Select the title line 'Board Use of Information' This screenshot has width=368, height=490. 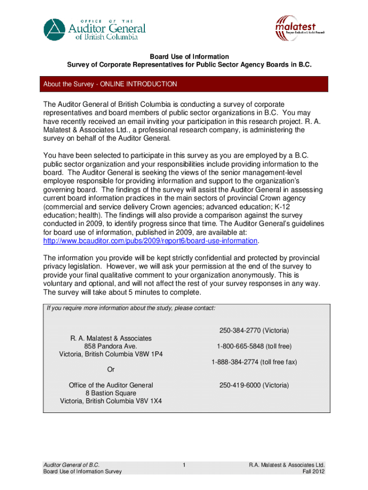pos(188,56)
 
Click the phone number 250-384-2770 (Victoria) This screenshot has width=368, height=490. pos(254,331)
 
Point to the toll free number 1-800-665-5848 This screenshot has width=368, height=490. pos(254,346)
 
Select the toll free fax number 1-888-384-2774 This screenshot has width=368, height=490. pos(254,362)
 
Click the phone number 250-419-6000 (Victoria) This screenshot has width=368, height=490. pos(254,385)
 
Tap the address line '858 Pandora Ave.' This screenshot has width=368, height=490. pos(111,346)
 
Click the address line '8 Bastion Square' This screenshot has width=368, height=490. pos(111,393)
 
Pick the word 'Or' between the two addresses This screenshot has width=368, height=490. pos(111,369)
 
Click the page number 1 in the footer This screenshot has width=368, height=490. pos(184,465)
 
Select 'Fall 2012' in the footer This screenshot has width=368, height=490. pos(314,471)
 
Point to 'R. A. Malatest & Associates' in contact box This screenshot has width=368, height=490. pos(111,338)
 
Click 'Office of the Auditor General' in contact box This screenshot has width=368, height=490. pos(111,385)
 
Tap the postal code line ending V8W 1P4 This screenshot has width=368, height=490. pos(111,354)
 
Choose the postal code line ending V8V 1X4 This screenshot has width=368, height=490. pos(111,401)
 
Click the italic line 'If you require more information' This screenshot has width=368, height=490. pos(131,308)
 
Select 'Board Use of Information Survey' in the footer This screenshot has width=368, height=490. pos(82,471)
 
